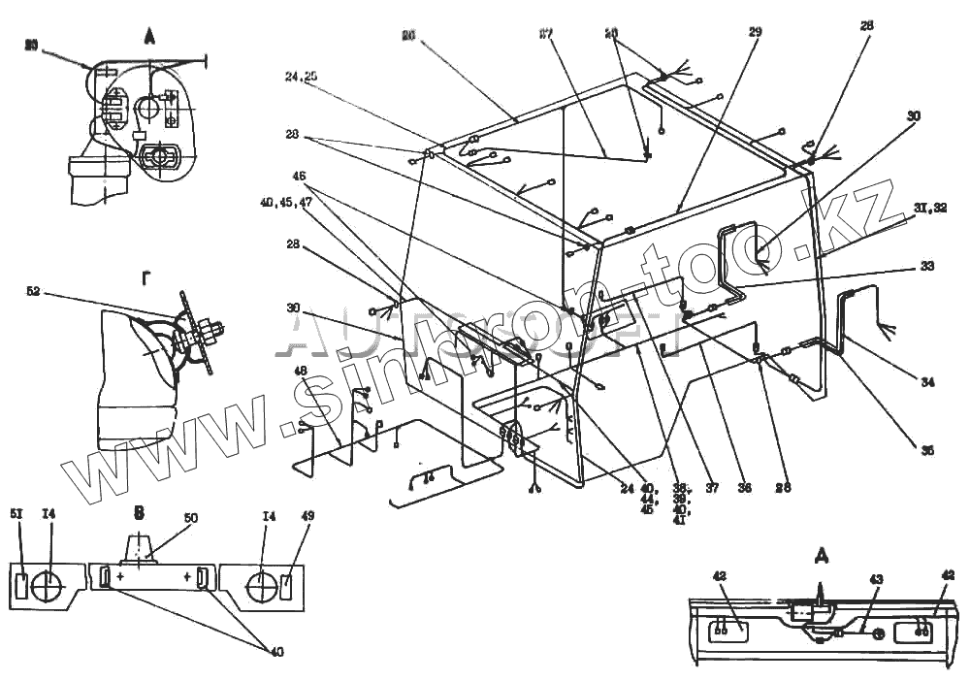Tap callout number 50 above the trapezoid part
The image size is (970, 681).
(x=190, y=519)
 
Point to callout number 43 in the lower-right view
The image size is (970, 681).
(x=875, y=579)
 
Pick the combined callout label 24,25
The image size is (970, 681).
(x=301, y=77)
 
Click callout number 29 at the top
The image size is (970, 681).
(x=755, y=32)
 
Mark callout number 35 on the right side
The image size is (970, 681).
(x=926, y=449)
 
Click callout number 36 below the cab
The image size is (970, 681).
(x=745, y=488)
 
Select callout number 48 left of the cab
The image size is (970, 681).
(x=300, y=371)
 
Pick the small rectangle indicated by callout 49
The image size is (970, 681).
(x=286, y=586)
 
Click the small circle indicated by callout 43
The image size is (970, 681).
(x=876, y=633)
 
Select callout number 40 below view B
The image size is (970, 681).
(x=276, y=652)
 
